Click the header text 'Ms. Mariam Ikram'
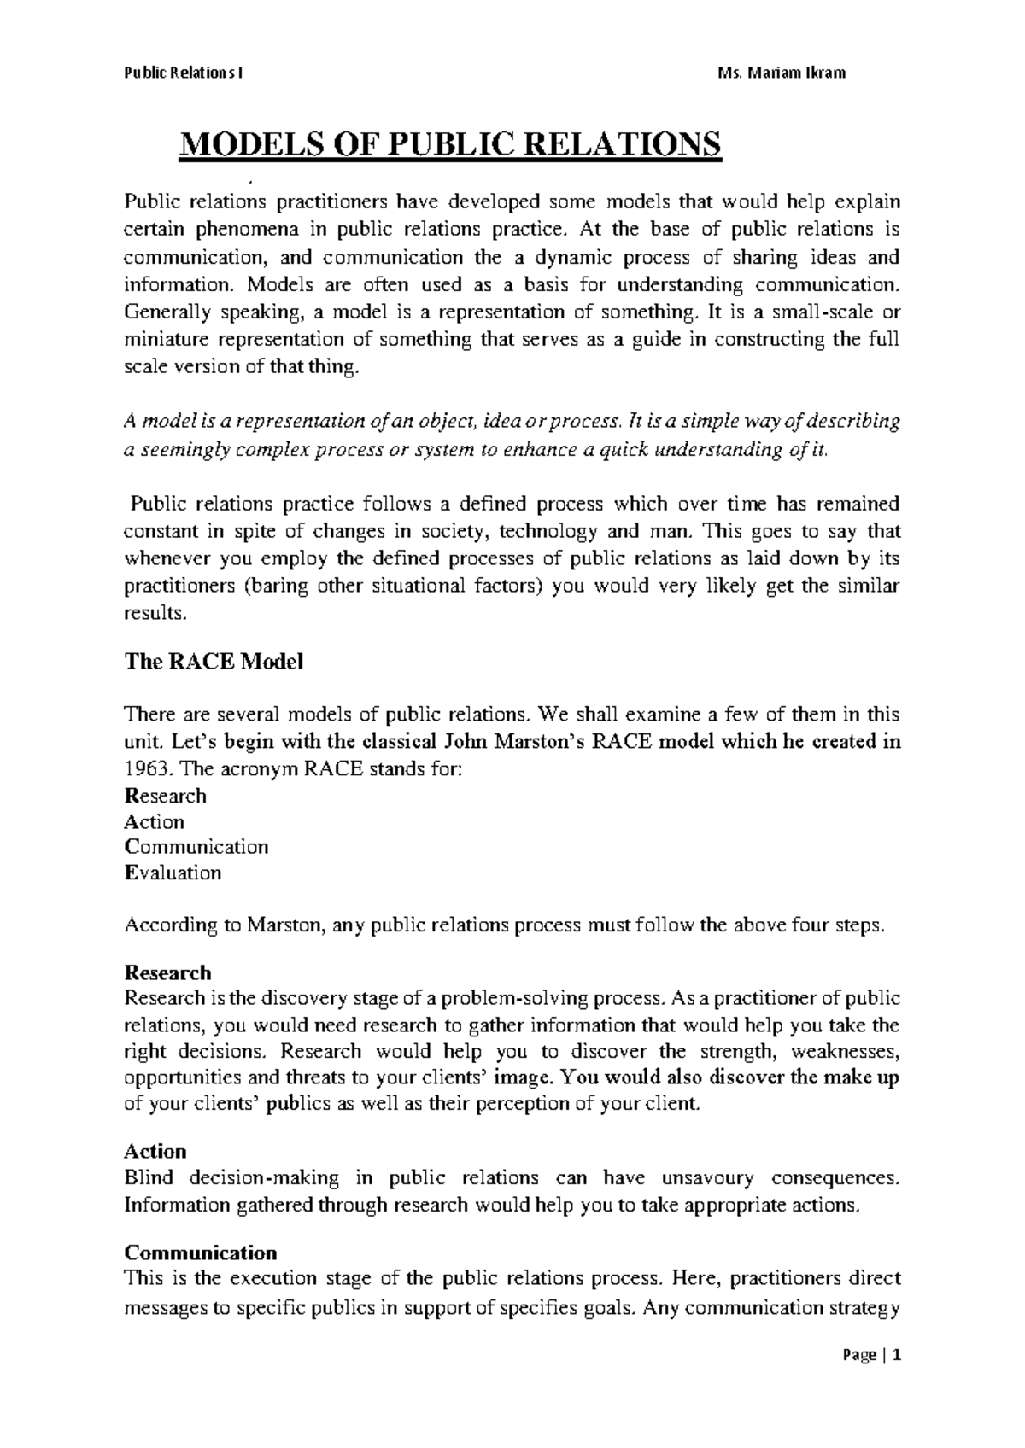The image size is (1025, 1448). tap(783, 73)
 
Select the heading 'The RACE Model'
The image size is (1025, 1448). tap(214, 662)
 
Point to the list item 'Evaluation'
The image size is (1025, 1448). tap(173, 873)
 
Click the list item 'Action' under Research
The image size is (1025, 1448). tap(155, 822)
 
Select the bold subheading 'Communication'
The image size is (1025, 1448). tap(201, 1252)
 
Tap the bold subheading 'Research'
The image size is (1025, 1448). tap(167, 972)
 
